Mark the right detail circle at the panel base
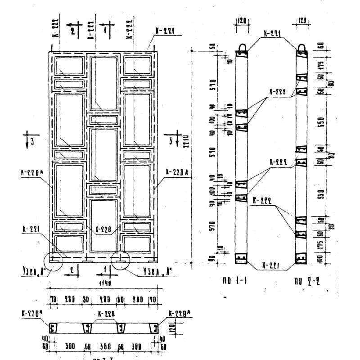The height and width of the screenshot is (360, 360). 121,260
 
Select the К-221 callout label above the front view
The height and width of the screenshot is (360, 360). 164,31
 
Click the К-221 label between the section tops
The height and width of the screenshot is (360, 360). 272,34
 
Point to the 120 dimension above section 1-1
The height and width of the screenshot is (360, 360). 242,21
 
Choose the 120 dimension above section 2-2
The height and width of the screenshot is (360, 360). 302,21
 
